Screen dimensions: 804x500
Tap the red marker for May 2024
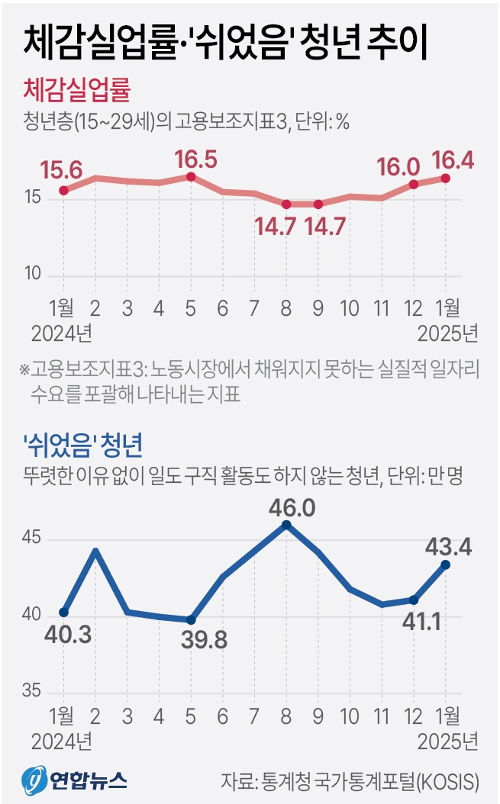(x=191, y=177)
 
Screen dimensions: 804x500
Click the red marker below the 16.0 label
(x=414, y=184)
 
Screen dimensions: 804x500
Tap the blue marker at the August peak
(x=286, y=525)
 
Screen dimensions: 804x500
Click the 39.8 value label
(x=204, y=640)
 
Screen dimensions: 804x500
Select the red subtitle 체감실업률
(x=77, y=91)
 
